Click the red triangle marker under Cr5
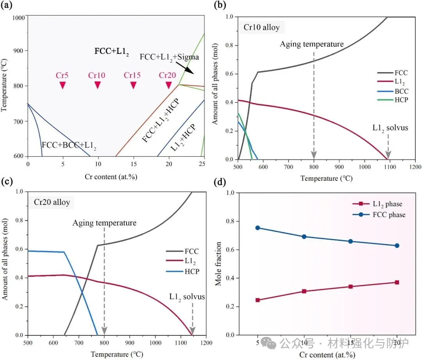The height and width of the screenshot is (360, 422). (x=63, y=85)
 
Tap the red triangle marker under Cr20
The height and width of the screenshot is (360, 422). (x=168, y=85)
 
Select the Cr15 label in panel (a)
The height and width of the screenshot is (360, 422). (x=133, y=75)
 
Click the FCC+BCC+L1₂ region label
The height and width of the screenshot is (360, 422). (x=69, y=146)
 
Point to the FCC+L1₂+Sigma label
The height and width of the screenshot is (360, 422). (x=169, y=57)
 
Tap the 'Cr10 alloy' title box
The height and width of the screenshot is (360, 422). (x=262, y=28)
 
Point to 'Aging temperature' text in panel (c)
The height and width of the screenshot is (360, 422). (x=104, y=223)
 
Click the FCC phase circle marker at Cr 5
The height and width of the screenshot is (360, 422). (x=258, y=228)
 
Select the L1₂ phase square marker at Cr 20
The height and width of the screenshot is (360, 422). (x=397, y=282)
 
